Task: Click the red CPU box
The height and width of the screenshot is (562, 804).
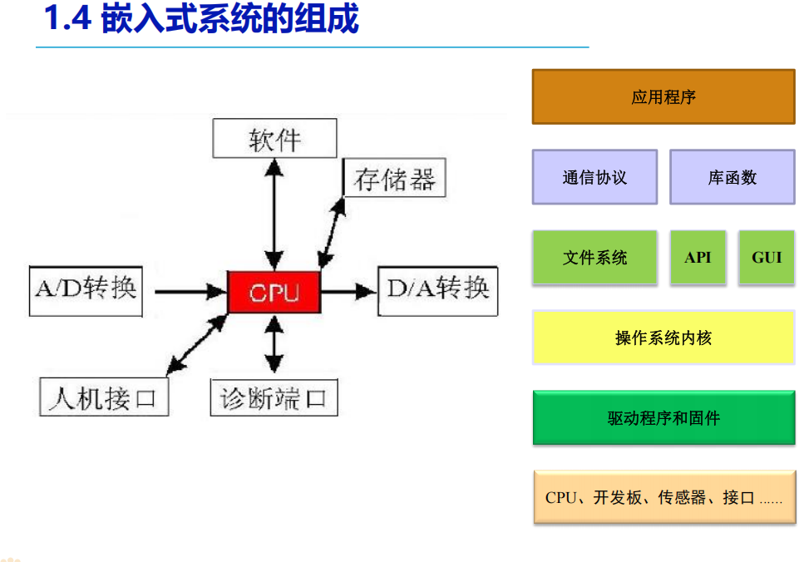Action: pos(274,292)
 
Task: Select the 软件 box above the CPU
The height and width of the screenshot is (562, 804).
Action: pos(274,138)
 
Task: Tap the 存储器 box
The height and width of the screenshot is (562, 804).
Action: pos(394,178)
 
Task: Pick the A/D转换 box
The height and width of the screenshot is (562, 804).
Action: pos(86,291)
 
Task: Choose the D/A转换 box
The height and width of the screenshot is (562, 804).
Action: pos(437,291)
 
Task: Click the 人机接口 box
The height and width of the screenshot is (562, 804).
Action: pos(104,397)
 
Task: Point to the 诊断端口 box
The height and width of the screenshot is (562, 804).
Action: pos(274,397)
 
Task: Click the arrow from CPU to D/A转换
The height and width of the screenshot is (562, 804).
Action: pos(348,291)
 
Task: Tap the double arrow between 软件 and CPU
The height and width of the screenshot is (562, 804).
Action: pos(274,213)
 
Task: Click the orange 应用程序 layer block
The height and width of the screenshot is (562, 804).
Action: pos(663,97)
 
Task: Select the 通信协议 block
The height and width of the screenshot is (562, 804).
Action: pos(594,177)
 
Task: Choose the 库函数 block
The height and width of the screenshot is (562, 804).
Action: pos(732,177)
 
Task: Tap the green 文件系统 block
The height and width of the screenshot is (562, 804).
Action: pos(594,258)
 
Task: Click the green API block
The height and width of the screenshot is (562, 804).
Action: pos(698,258)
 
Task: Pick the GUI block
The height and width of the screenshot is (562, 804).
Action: pos(766,258)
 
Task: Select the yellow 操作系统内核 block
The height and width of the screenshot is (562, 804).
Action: pos(663,338)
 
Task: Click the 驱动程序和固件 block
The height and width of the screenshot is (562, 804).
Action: pos(663,417)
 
